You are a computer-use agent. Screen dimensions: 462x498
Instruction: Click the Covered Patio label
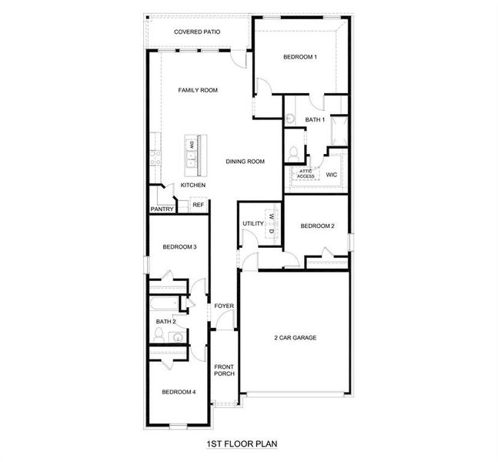[x=197, y=32]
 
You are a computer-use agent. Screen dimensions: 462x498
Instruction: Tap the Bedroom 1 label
[x=299, y=57]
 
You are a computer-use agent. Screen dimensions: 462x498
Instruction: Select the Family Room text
[x=198, y=91]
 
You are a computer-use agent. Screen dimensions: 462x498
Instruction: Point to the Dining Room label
[x=245, y=162]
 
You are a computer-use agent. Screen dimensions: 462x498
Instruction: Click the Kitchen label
[x=192, y=186]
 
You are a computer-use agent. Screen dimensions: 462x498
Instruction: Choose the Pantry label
[x=162, y=209]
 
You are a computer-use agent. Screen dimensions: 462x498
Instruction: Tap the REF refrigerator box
[x=198, y=205]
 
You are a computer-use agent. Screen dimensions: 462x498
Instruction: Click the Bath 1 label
[x=315, y=119]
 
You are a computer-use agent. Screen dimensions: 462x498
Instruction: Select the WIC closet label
[x=331, y=175]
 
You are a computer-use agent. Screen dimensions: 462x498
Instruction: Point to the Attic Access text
[x=306, y=173]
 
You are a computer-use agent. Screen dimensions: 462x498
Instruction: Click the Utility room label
[x=252, y=224]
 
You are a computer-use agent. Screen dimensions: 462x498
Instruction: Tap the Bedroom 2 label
[x=317, y=226]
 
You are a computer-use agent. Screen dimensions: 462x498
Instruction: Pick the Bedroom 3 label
[x=179, y=247]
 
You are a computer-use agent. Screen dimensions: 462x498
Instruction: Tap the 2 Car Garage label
[x=296, y=337]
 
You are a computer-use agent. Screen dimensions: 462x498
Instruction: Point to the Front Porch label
[x=224, y=370]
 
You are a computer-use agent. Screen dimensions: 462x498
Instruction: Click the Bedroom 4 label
[x=179, y=392]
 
